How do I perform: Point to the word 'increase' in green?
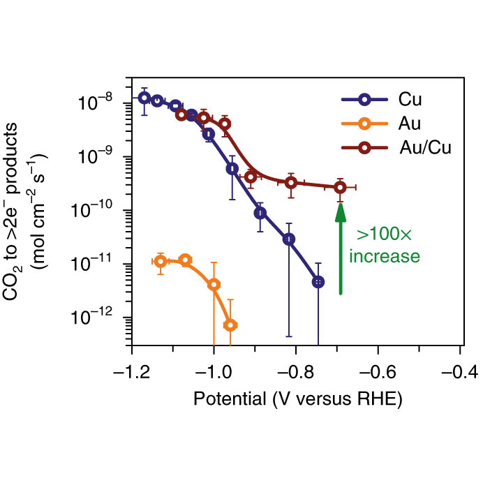click(x=385, y=256)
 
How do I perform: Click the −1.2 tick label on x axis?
click(x=131, y=369)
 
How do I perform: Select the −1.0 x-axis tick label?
click(x=213, y=369)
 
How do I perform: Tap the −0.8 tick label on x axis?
click(x=295, y=369)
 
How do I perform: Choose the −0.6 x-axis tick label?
click(x=378, y=369)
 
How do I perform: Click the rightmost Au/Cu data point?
click(x=340, y=187)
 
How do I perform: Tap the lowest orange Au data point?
click(x=230, y=325)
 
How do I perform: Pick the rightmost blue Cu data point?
click(x=318, y=282)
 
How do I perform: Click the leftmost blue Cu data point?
click(x=144, y=97)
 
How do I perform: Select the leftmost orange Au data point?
click(x=161, y=262)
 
